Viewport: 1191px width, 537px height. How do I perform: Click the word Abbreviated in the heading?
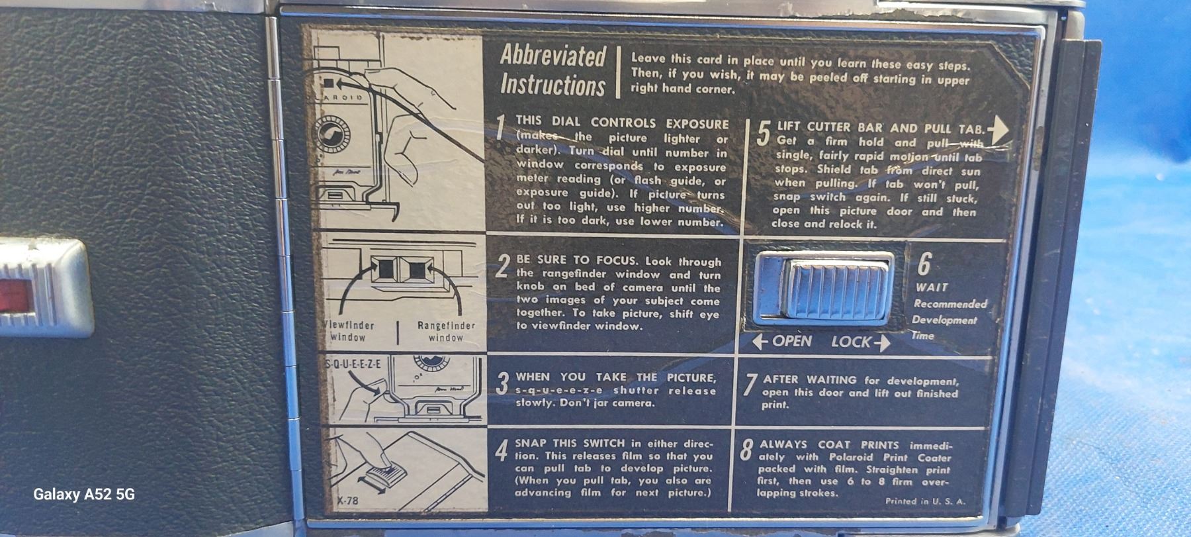click(552, 56)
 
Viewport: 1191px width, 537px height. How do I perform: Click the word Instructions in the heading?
click(552, 85)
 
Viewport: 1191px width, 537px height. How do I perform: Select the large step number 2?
click(503, 266)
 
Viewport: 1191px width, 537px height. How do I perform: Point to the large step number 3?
click(503, 383)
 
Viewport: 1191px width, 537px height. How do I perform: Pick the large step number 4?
click(502, 450)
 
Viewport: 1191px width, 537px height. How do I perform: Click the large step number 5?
click(763, 133)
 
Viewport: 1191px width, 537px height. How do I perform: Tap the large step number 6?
click(924, 263)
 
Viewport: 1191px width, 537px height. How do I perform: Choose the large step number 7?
click(749, 385)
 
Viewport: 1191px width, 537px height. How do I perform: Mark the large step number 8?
click(746, 450)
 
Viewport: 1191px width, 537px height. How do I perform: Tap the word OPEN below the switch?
click(791, 341)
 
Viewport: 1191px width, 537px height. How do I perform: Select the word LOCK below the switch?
click(851, 342)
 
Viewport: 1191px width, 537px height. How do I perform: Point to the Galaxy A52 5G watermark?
click(84, 494)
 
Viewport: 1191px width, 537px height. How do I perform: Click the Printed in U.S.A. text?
click(925, 501)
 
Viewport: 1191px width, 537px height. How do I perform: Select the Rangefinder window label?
click(446, 332)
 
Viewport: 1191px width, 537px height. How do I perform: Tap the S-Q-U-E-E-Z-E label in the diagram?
click(353, 364)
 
